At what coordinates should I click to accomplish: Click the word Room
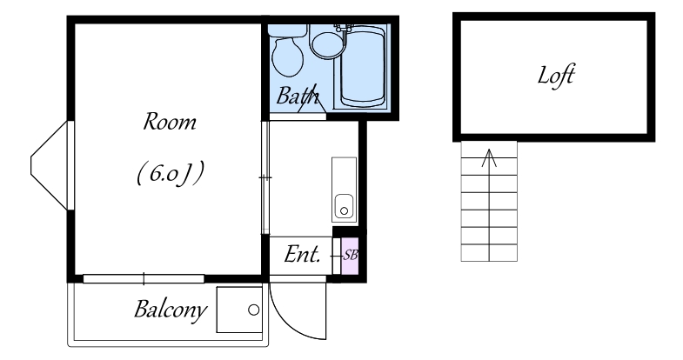pyautogui.click(x=170, y=122)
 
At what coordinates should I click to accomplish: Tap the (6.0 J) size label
pyautogui.click(x=170, y=174)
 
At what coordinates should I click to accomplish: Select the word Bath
pyautogui.click(x=298, y=96)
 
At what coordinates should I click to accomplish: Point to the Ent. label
pyautogui.click(x=302, y=255)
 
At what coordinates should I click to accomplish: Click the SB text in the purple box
pyautogui.click(x=351, y=255)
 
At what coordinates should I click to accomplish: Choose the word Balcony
pyautogui.click(x=171, y=310)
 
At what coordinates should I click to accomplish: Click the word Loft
pyautogui.click(x=556, y=76)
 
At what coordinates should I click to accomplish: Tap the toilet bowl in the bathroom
pyautogui.click(x=287, y=57)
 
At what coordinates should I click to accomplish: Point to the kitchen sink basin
pyautogui.click(x=344, y=206)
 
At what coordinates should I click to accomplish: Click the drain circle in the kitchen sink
pyautogui.click(x=345, y=211)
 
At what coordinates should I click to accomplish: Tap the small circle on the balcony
pyautogui.click(x=253, y=310)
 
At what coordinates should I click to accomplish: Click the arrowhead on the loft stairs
pyautogui.click(x=489, y=157)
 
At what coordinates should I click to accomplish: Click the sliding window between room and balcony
pyautogui.click(x=144, y=278)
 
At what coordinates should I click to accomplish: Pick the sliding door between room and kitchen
pyautogui.click(x=265, y=177)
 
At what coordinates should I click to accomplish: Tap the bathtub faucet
pyautogui.click(x=345, y=28)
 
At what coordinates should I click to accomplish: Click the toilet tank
pyautogui.click(x=287, y=30)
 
